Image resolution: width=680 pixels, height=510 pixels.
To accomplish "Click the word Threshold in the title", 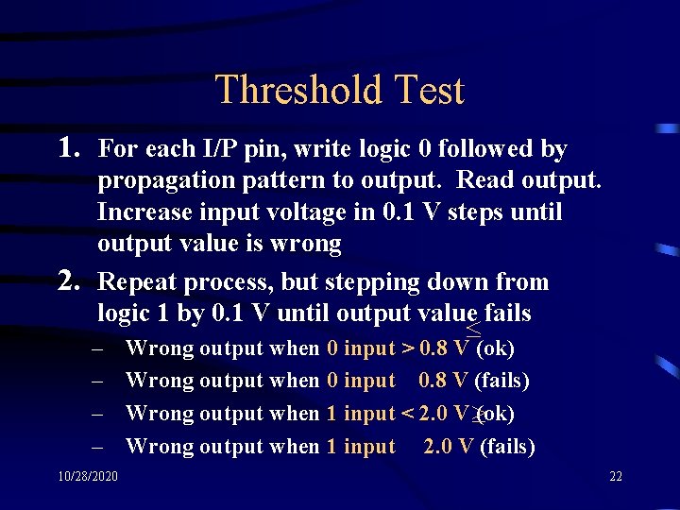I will click(x=284, y=91).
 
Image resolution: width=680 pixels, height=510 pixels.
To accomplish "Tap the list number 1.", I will click(x=68, y=147).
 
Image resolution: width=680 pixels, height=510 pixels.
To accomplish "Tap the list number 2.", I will click(x=68, y=281).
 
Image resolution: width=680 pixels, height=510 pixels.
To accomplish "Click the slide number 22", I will click(x=616, y=476).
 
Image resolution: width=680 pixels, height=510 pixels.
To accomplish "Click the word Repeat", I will click(x=135, y=282).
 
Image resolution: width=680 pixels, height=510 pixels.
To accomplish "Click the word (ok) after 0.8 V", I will click(x=496, y=348).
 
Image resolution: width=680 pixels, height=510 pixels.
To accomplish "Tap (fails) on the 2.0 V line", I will click(x=507, y=447).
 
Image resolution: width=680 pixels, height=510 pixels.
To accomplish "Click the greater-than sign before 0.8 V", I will click(x=408, y=348).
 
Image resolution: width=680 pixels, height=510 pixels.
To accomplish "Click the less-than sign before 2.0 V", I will click(x=408, y=414).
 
